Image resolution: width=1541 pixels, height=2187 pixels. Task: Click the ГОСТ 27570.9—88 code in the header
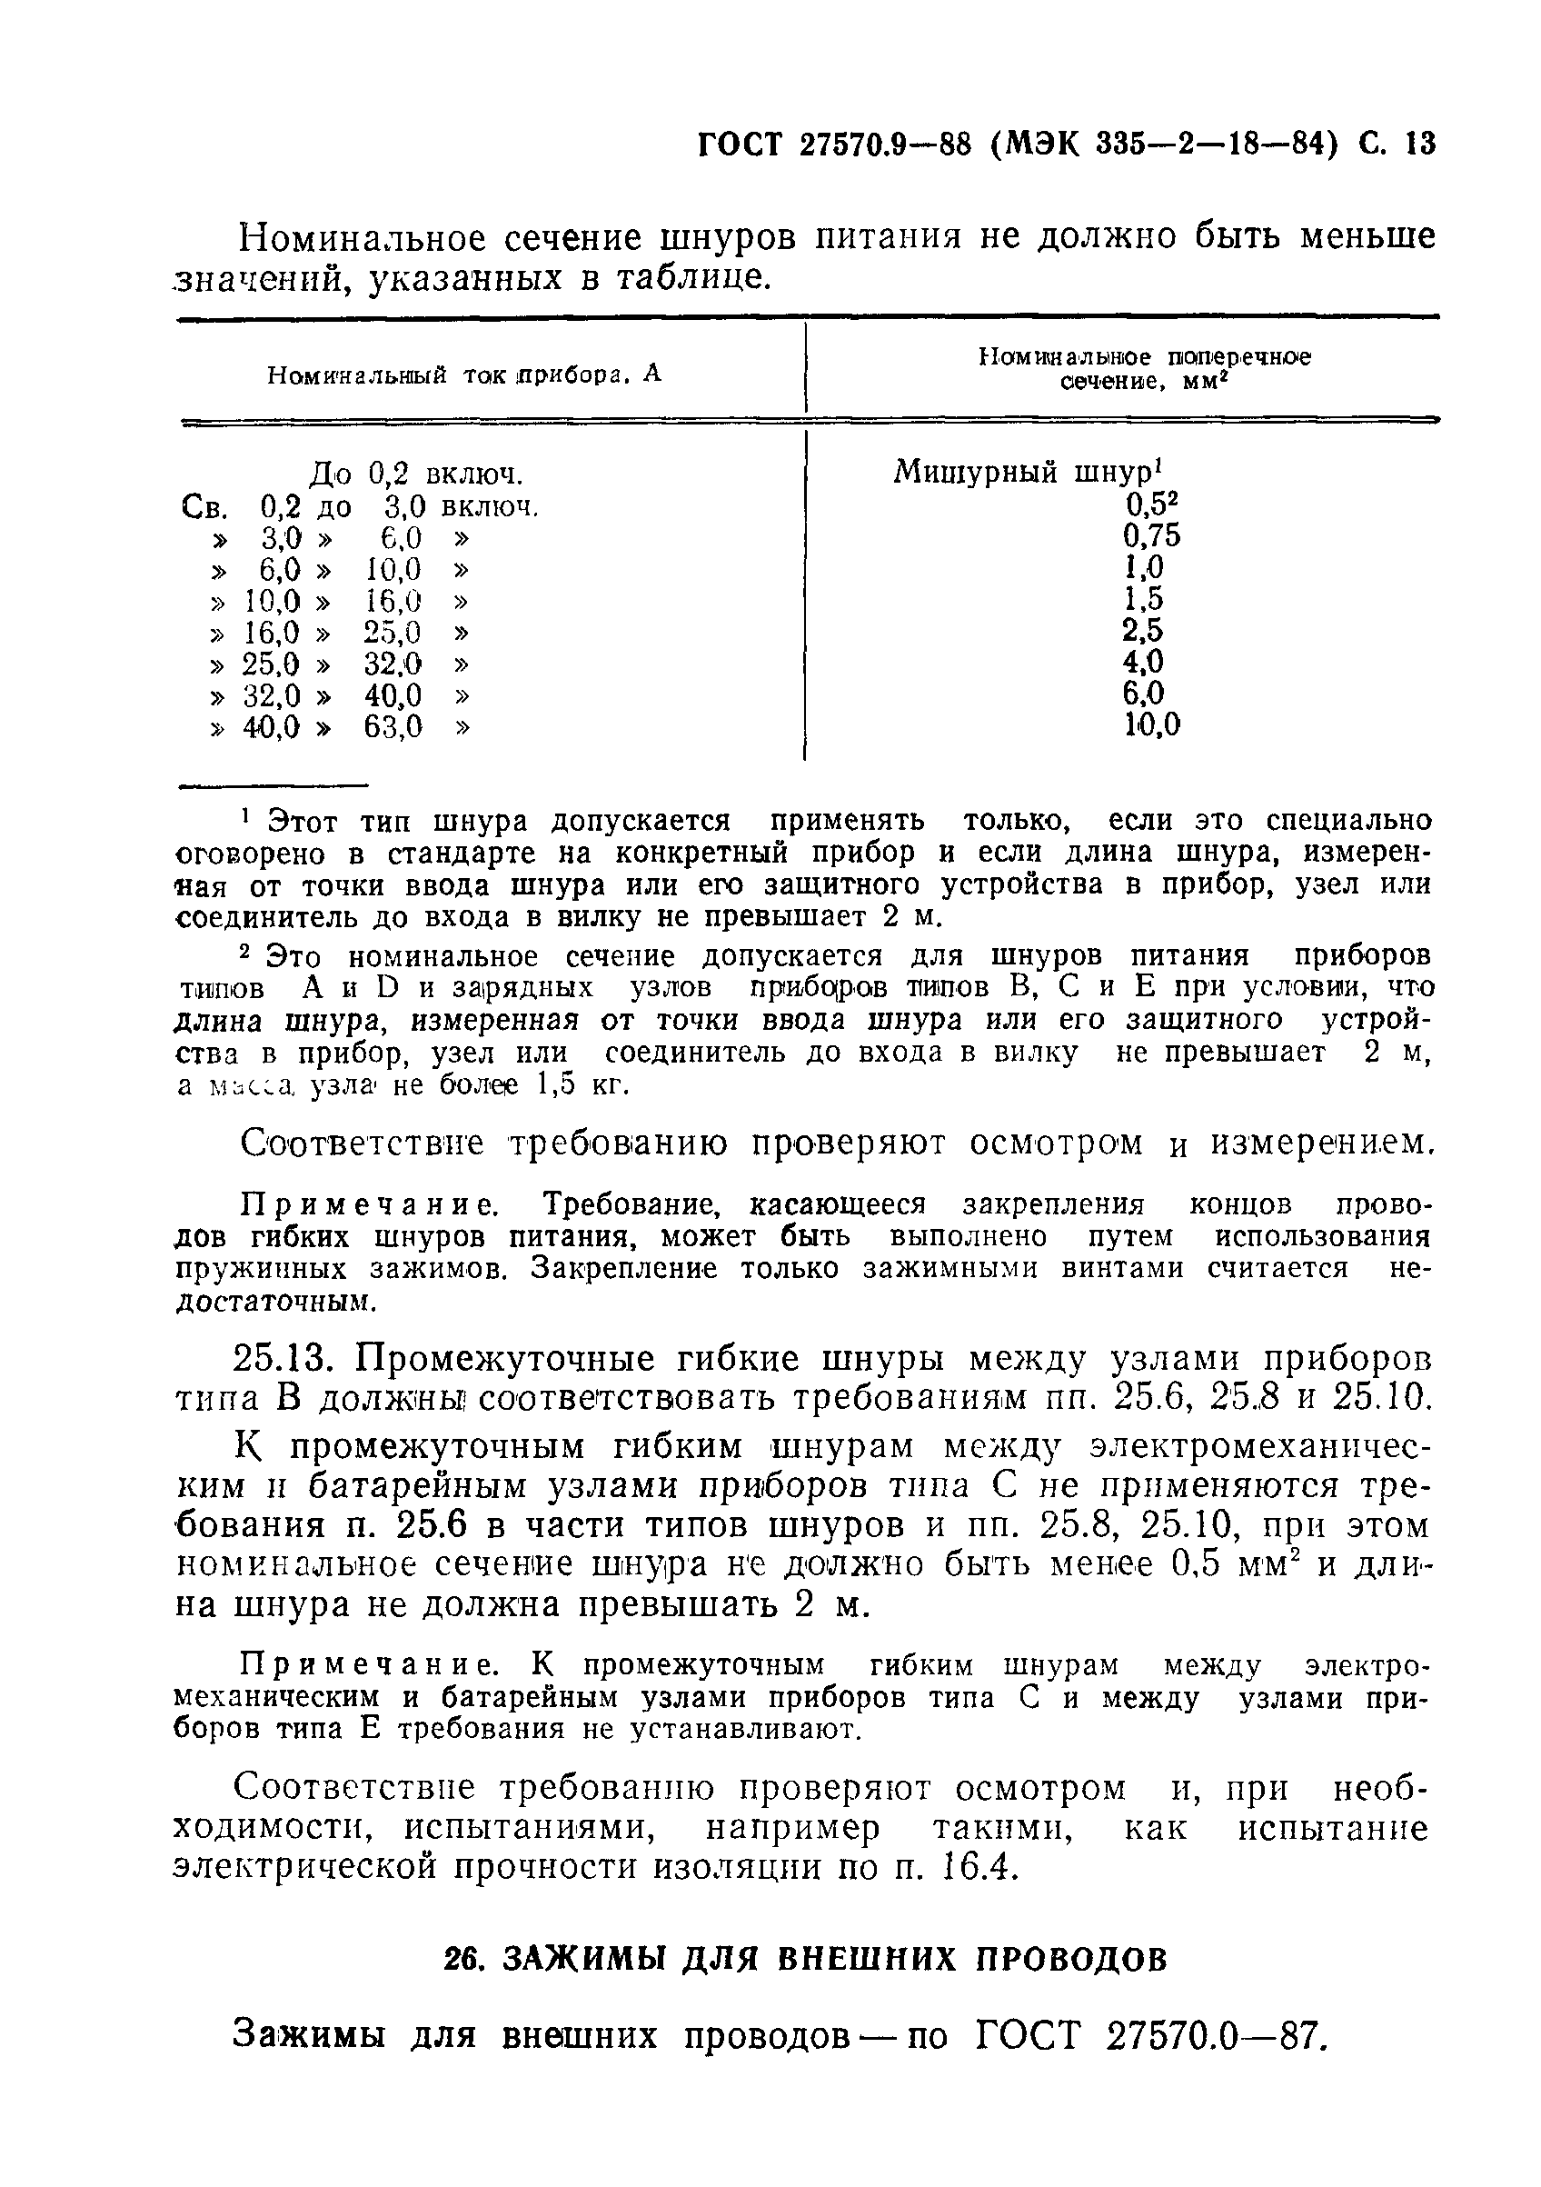[834, 144]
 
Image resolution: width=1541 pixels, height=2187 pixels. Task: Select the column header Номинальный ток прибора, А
[463, 375]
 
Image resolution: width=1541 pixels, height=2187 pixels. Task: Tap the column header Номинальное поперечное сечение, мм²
[1144, 370]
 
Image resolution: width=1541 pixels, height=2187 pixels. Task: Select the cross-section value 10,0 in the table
[1151, 726]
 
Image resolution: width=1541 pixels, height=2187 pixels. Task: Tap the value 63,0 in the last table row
[393, 728]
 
